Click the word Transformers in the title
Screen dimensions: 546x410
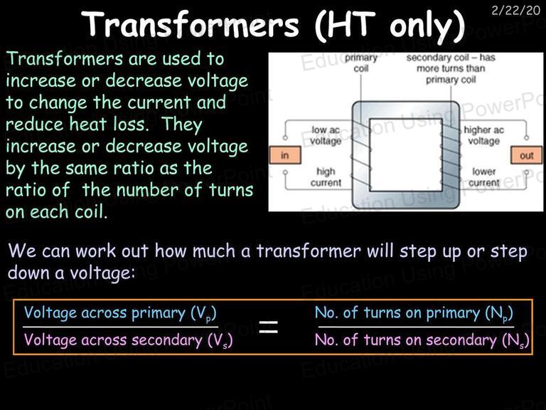coord(191,24)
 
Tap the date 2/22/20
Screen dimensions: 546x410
coord(515,10)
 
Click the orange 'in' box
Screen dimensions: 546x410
coord(285,155)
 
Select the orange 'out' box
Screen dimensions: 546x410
coord(527,155)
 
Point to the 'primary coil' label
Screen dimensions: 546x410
coord(361,63)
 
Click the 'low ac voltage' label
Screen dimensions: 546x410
coord(326,135)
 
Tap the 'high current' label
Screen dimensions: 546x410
coord(326,177)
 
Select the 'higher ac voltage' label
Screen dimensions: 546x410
coord(483,135)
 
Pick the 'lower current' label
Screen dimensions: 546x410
coord(484,177)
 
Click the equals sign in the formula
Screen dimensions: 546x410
coord(269,327)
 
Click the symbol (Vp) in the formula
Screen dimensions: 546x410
coord(203,313)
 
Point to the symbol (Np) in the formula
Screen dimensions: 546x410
coord(499,313)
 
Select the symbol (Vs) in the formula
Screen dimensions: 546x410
coord(220,341)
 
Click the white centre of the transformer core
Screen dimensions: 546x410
coord(406,154)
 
